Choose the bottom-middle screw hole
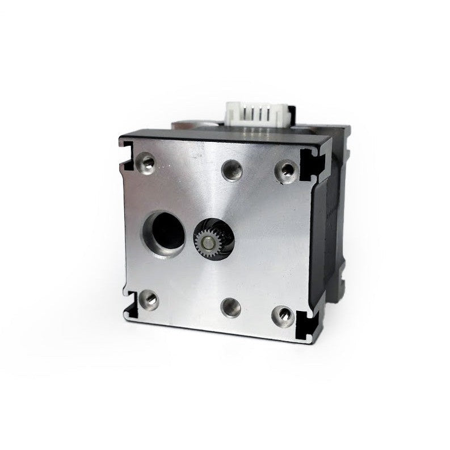(232, 307)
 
